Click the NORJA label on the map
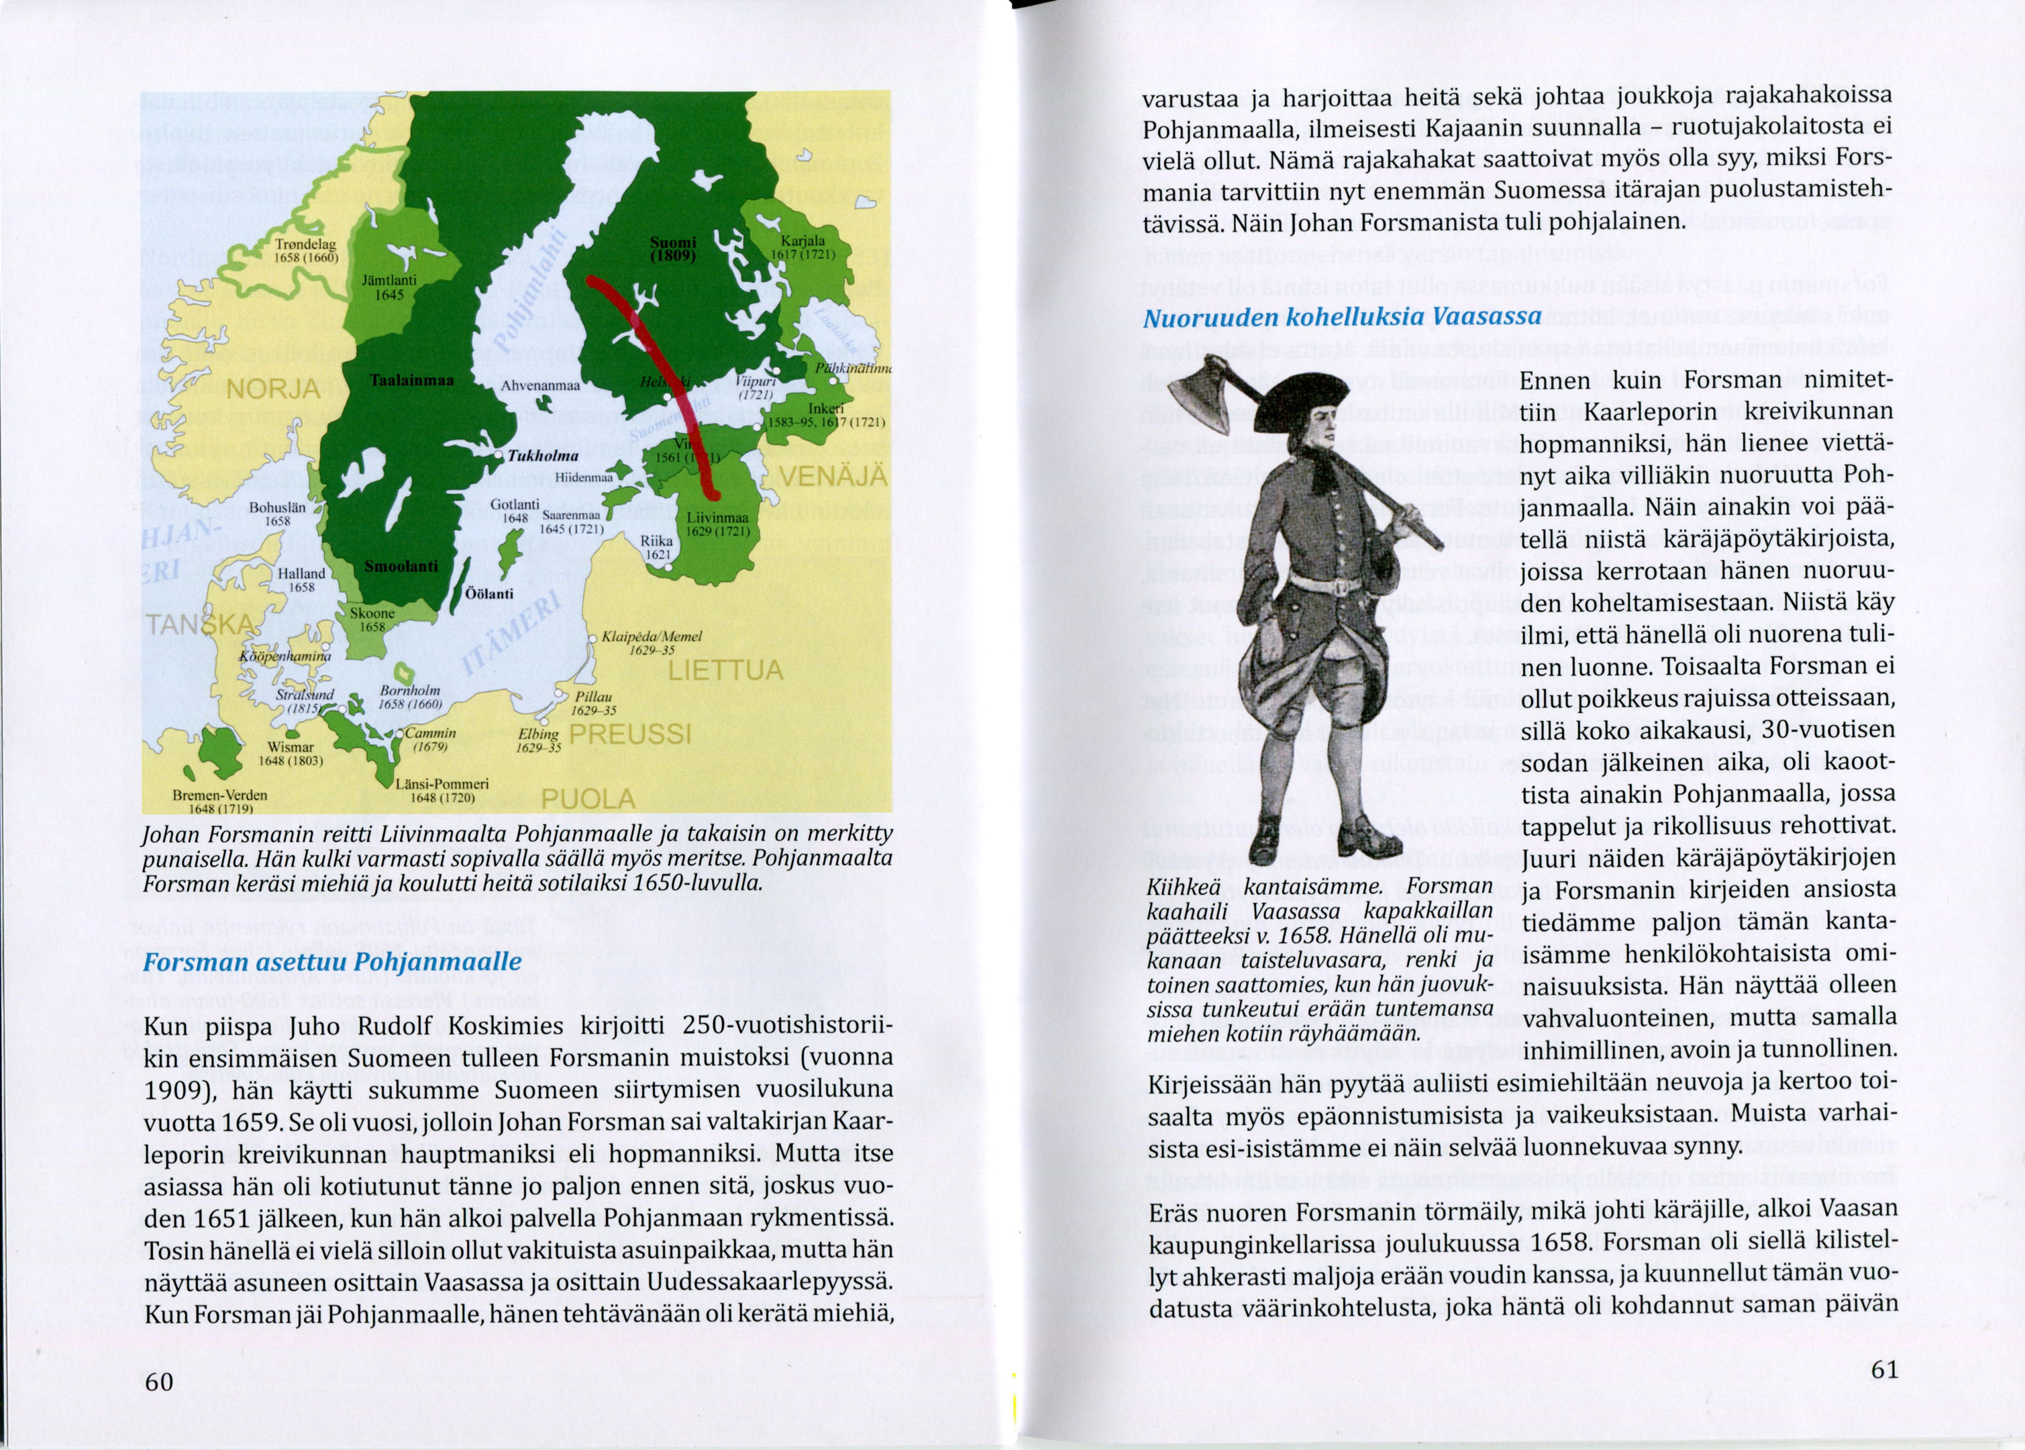[x=272, y=389]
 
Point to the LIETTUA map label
[x=725, y=671]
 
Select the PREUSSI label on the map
[x=630, y=734]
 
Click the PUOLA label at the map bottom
[x=589, y=798]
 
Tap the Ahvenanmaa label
[x=541, y=386]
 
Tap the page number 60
[x=159, y=1382]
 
